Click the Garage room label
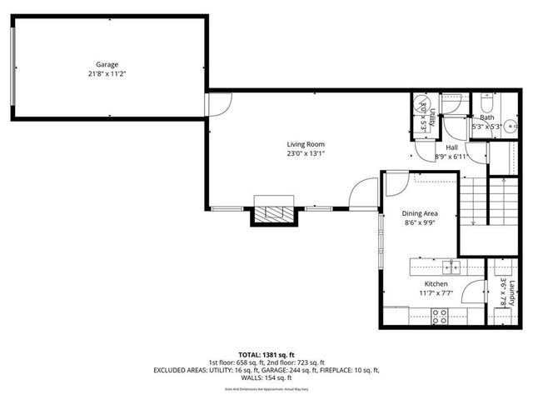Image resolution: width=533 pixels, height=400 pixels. [x=107, y=64]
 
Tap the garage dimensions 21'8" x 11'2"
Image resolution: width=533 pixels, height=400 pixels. [x=107, y=73]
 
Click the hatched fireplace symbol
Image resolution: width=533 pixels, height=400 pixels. [x=274, y=213]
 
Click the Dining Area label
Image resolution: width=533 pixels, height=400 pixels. [x=421, y=213]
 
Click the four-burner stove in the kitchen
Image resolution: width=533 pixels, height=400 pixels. [x=439, y=315]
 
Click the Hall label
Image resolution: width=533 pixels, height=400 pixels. [x=451, y=147]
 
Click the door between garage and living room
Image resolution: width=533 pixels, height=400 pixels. [x=215, y=105]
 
